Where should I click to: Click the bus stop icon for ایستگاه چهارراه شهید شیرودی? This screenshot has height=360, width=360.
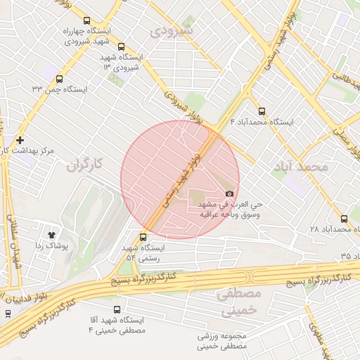[x=86, y=21]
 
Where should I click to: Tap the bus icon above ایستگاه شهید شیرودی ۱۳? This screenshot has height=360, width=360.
[x=121, y=46]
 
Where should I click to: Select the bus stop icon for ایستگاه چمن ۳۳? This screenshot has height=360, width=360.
[x=59, y=79]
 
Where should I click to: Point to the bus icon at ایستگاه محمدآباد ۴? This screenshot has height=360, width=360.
[x=262, y=111]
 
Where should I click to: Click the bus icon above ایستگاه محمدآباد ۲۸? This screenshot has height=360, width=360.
[x=344, y=219]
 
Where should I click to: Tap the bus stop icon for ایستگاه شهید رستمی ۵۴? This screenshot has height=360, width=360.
[x=144, y=237]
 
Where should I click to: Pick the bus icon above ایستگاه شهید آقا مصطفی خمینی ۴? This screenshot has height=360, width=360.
[x=116, y=309]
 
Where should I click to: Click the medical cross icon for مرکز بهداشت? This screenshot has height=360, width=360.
[x=20, y=141]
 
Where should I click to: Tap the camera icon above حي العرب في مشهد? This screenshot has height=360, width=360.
[x=229, y=194]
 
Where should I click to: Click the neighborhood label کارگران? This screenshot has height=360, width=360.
[x=84, y=166]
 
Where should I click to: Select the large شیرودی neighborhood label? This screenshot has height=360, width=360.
[x=170, y=31]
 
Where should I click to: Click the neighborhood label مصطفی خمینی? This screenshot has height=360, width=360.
[x=239, y=300]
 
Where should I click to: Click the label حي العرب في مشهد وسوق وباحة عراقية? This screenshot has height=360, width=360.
[x=229, y=210]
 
